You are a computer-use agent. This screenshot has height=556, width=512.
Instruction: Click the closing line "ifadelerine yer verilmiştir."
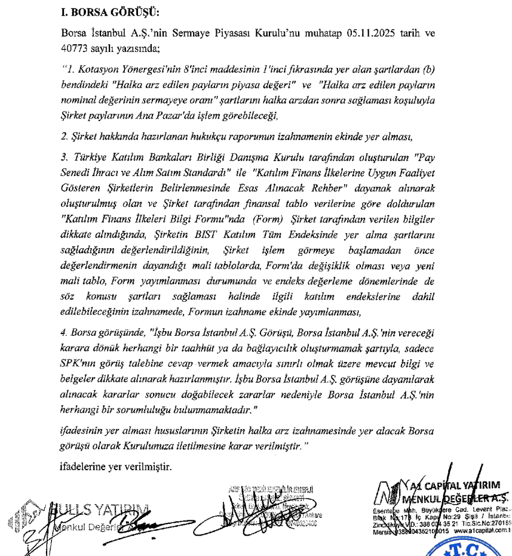116,467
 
